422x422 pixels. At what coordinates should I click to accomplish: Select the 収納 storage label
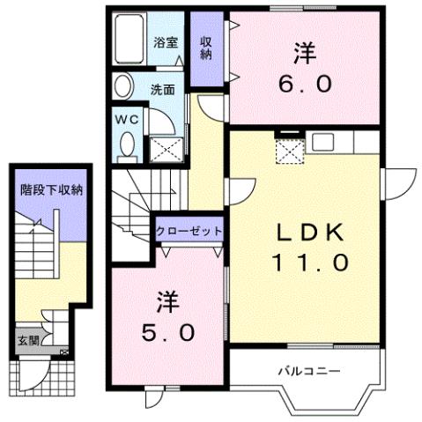click(205, 48)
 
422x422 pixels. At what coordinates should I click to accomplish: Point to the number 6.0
click(306, 85)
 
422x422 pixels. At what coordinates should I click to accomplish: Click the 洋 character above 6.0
click(305, 53)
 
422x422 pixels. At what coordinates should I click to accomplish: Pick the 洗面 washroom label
click(162, 89)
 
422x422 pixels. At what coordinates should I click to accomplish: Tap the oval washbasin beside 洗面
click(123, 86)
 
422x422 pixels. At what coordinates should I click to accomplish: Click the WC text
click(125, 118)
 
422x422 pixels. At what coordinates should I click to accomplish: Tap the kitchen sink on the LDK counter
click(321, 141)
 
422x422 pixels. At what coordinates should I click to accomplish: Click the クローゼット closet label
click(189, 232)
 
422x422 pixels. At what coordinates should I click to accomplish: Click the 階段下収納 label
click(52, 189)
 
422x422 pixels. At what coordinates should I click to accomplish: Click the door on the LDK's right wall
click(393, 187)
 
